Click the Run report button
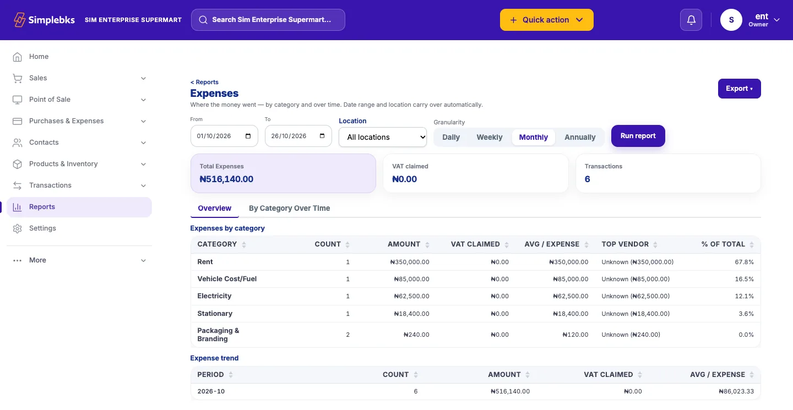click(638, 136)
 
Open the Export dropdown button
click(739, 89)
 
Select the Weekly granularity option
click(489, 137)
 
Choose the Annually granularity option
click(580, 137)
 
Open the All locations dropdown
click(382, 137)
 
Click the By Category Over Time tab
click(289, 209)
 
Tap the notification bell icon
click(691, 20)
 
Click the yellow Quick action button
click(547, 20)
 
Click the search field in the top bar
click(268, 20)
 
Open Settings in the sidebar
click(42, 228)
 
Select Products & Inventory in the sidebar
click(63, 164)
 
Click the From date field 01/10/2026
click(224, 136)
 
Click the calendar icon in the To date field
click(322, 136)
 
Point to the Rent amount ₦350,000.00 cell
click(410, 262)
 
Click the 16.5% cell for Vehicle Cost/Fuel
click(744, 279)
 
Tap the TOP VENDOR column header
click(625, 244)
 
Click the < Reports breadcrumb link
click(204, 82)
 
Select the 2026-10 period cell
click(211, 391)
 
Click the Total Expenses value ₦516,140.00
click(226, 179)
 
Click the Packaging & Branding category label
click(218, 335)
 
